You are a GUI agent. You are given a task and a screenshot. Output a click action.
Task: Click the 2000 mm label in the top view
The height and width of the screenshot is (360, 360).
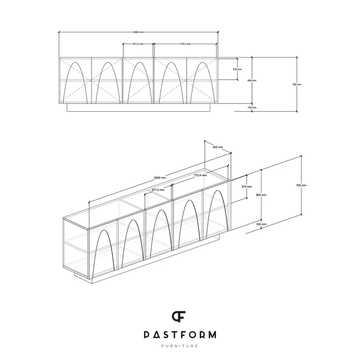(139, 32)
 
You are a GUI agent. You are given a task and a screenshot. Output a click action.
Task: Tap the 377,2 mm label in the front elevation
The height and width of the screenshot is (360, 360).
(138, 44)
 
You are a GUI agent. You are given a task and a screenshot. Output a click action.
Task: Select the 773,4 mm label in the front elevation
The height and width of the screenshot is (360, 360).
(185, 44)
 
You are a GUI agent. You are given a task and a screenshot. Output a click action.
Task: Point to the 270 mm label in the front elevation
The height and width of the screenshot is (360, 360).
(238, 69)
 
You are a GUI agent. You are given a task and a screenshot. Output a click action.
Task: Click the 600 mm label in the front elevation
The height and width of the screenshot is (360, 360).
(252, 81)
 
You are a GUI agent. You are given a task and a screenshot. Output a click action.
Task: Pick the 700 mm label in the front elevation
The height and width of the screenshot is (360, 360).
(297, 84)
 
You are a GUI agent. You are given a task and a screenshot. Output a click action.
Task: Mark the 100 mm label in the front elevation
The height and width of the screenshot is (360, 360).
(252, 108)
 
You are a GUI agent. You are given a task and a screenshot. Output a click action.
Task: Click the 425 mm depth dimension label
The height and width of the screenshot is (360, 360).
(218, 147)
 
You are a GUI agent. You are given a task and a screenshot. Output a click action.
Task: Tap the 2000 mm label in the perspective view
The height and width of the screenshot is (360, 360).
(160, 177)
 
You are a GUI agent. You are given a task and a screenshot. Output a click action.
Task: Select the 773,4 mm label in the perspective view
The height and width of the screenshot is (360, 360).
(200, 175)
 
